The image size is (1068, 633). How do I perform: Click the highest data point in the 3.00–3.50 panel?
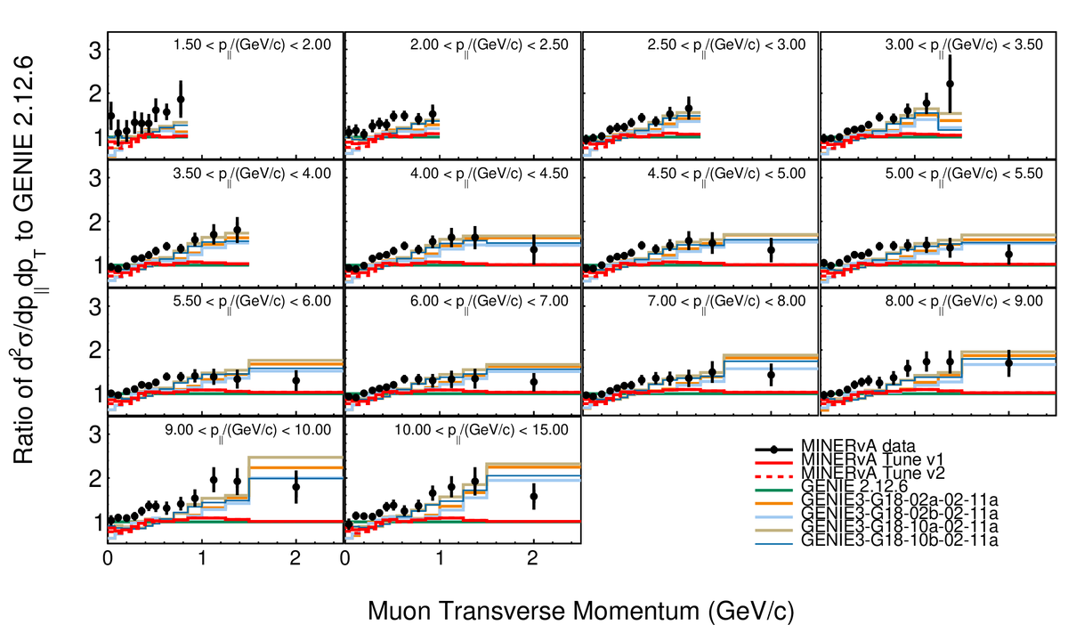[950, 84]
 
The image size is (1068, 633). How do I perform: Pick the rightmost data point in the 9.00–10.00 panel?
[296, 487]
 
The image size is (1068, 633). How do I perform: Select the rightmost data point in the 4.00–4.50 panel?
[533, 250]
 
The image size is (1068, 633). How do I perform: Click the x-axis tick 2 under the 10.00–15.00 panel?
[532, 560]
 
